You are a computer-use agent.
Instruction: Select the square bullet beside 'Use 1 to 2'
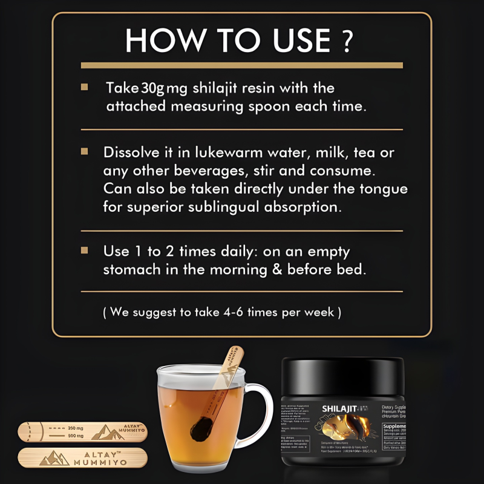tap(85, 250)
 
